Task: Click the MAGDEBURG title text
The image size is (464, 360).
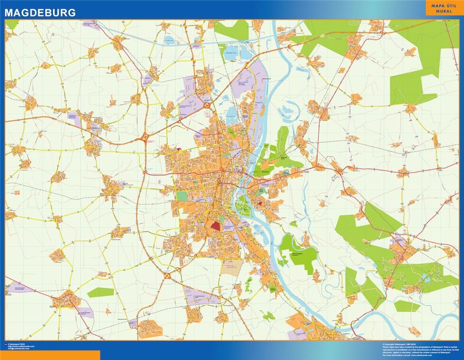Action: (40, 12)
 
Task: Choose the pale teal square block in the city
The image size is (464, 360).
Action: (182, 196)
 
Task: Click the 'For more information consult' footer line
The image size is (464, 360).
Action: (407, 355)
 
